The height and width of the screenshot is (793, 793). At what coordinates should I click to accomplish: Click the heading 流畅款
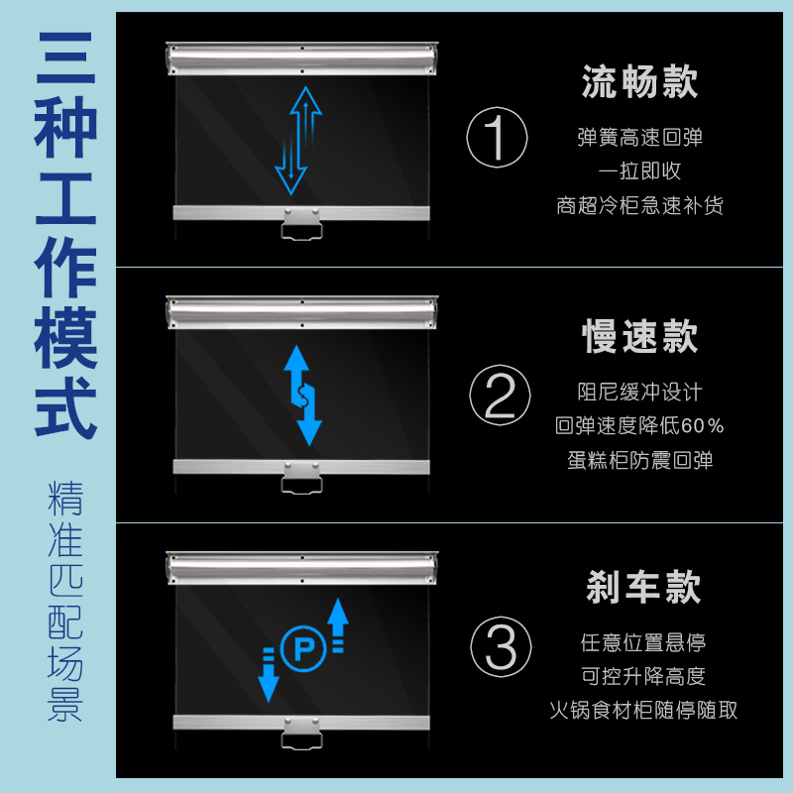(x=639, y=81)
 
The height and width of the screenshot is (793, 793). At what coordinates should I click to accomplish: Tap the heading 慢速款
(x=639, y=336)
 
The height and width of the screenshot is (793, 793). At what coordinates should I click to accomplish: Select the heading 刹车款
(x=642, y=587)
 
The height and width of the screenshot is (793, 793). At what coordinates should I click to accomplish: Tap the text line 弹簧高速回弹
(x=639, y=138)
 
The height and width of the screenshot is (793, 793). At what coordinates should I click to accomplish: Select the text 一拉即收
(x=639, y=170)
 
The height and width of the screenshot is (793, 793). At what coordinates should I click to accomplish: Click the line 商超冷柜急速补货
(x=639, y=205)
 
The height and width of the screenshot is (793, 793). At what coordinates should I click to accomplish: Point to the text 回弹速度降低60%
(x=639, y=426)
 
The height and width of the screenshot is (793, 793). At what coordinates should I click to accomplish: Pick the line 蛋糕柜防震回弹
(x=639, y=460)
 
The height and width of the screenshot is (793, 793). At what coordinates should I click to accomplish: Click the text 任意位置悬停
(x=642, y=642)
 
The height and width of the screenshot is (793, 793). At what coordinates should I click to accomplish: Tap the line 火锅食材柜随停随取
(x=643, y=710)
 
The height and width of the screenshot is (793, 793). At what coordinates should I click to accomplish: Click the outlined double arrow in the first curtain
(x=298, y=141)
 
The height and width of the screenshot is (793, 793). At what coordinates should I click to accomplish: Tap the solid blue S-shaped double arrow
(x=302, y=396)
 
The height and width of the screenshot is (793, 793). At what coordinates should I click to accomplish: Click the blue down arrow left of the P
(x=269, y=675)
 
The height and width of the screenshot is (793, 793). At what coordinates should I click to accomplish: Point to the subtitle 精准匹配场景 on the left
(x=65, y=601)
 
